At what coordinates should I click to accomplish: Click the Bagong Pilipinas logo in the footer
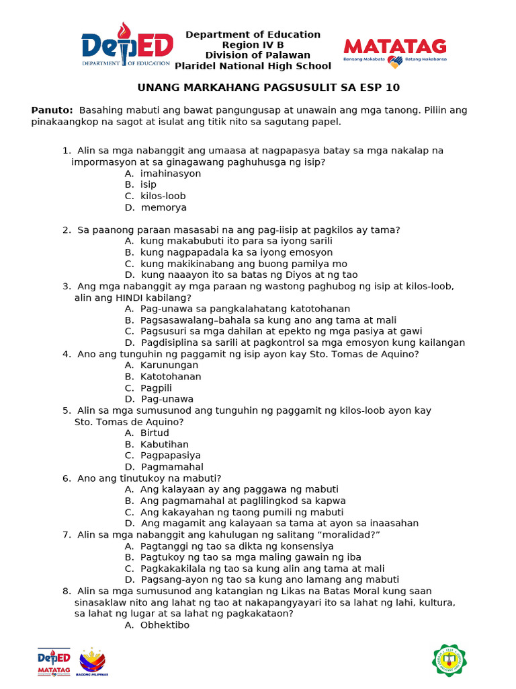92,661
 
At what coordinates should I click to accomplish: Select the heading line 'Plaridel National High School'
253,66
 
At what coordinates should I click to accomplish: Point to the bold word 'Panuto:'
52,110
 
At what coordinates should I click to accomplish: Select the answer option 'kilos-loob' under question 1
163,196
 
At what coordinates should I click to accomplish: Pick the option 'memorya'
164,207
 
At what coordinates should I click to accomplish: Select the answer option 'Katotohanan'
171,377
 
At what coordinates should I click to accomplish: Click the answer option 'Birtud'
155,433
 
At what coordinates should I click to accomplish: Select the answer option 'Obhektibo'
165,625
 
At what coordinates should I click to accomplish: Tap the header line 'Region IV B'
253,45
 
